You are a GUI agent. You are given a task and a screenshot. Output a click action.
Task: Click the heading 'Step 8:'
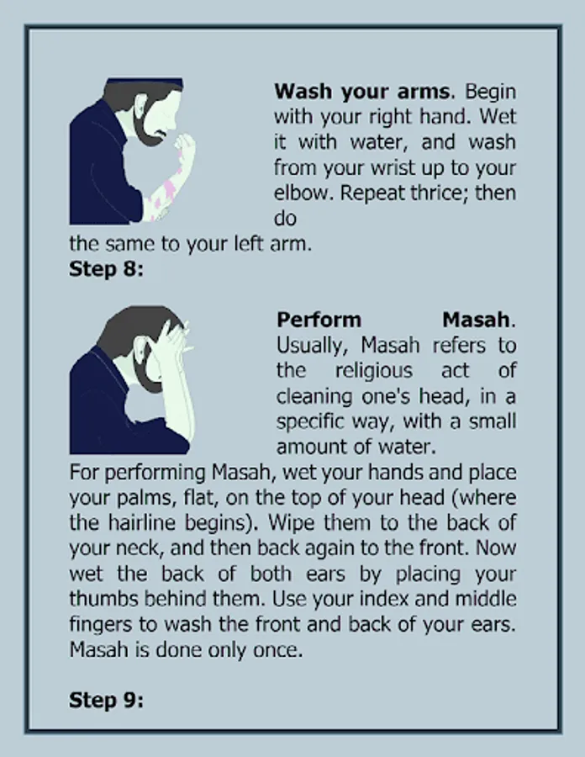click(x=106, y=269)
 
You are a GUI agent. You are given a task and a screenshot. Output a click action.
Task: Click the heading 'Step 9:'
click(x=106, y=700)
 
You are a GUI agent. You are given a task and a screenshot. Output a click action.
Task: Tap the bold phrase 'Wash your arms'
click(x=363, y=92)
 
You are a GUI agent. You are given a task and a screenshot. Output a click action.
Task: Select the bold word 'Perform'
click(x=319, y=320)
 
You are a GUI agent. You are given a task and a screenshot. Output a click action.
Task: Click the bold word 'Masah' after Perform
click(x=476, y=320)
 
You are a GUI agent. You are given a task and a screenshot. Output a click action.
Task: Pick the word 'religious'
click(x=374, y=371)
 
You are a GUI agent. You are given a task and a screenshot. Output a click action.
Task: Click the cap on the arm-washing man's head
click(x=144, y=82)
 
